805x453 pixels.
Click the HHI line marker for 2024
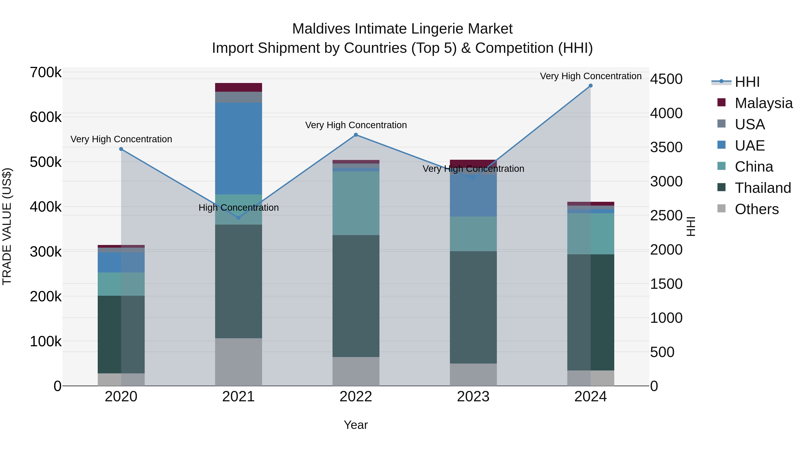point(590,86)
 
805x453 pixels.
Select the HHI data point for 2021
point(238,218)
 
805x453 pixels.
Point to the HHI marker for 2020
point(121,149)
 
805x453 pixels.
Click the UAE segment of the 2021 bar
point(238,149)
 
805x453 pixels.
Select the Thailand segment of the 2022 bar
point(356,296)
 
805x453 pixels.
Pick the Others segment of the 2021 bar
point(238,362)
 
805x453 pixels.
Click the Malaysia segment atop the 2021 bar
point(238,87)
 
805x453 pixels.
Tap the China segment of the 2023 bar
point(473,234)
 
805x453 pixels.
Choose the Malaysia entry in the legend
point(763,103)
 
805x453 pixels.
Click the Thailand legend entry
point(763,188)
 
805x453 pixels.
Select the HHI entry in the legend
point(747,82)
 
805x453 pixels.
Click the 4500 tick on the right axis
point(666,79)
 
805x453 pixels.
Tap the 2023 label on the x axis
point(473,397)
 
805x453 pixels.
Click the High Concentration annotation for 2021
point(238,208)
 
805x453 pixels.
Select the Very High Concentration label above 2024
point(590,76)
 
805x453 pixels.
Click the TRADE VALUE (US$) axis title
point(7,226)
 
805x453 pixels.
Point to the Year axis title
point(356,425)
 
